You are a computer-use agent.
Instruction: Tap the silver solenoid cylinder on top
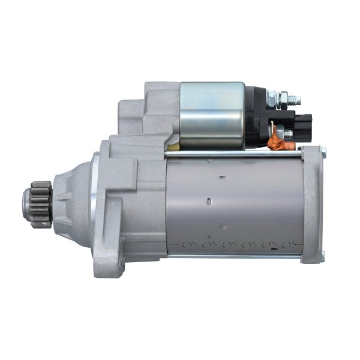[x=212, y=115]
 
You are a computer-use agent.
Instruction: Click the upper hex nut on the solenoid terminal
[x=271, y=96]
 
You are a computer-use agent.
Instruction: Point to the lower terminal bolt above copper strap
[x=287, y=133]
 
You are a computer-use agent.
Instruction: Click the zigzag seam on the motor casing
[x=234, y=245]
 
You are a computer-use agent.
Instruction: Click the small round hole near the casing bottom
[x=221, y=227]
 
